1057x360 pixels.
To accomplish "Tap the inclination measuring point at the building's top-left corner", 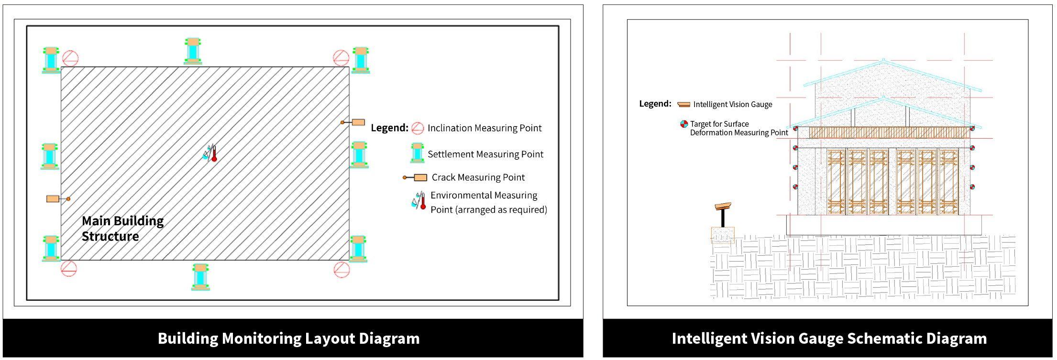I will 70,58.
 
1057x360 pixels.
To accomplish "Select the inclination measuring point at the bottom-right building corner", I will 341,270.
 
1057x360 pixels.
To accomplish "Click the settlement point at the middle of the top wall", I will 193,51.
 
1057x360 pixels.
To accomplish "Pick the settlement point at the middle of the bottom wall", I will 200,277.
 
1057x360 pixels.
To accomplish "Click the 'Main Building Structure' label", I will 122,229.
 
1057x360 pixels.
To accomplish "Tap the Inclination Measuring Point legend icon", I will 418,128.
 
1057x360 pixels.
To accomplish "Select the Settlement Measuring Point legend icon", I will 417,153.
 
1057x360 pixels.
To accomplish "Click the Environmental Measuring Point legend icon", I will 419,201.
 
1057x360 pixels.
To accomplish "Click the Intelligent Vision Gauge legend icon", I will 684,104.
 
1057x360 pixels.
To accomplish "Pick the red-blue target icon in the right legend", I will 684,124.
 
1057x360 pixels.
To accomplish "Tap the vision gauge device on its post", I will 723,207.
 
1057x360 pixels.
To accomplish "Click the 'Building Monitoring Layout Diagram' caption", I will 288,338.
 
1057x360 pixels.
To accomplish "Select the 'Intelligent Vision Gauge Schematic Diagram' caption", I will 829,338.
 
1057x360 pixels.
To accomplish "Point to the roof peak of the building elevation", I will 883,61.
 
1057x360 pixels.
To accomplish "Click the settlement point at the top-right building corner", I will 361,60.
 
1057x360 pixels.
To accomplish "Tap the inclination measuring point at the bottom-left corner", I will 69,269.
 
